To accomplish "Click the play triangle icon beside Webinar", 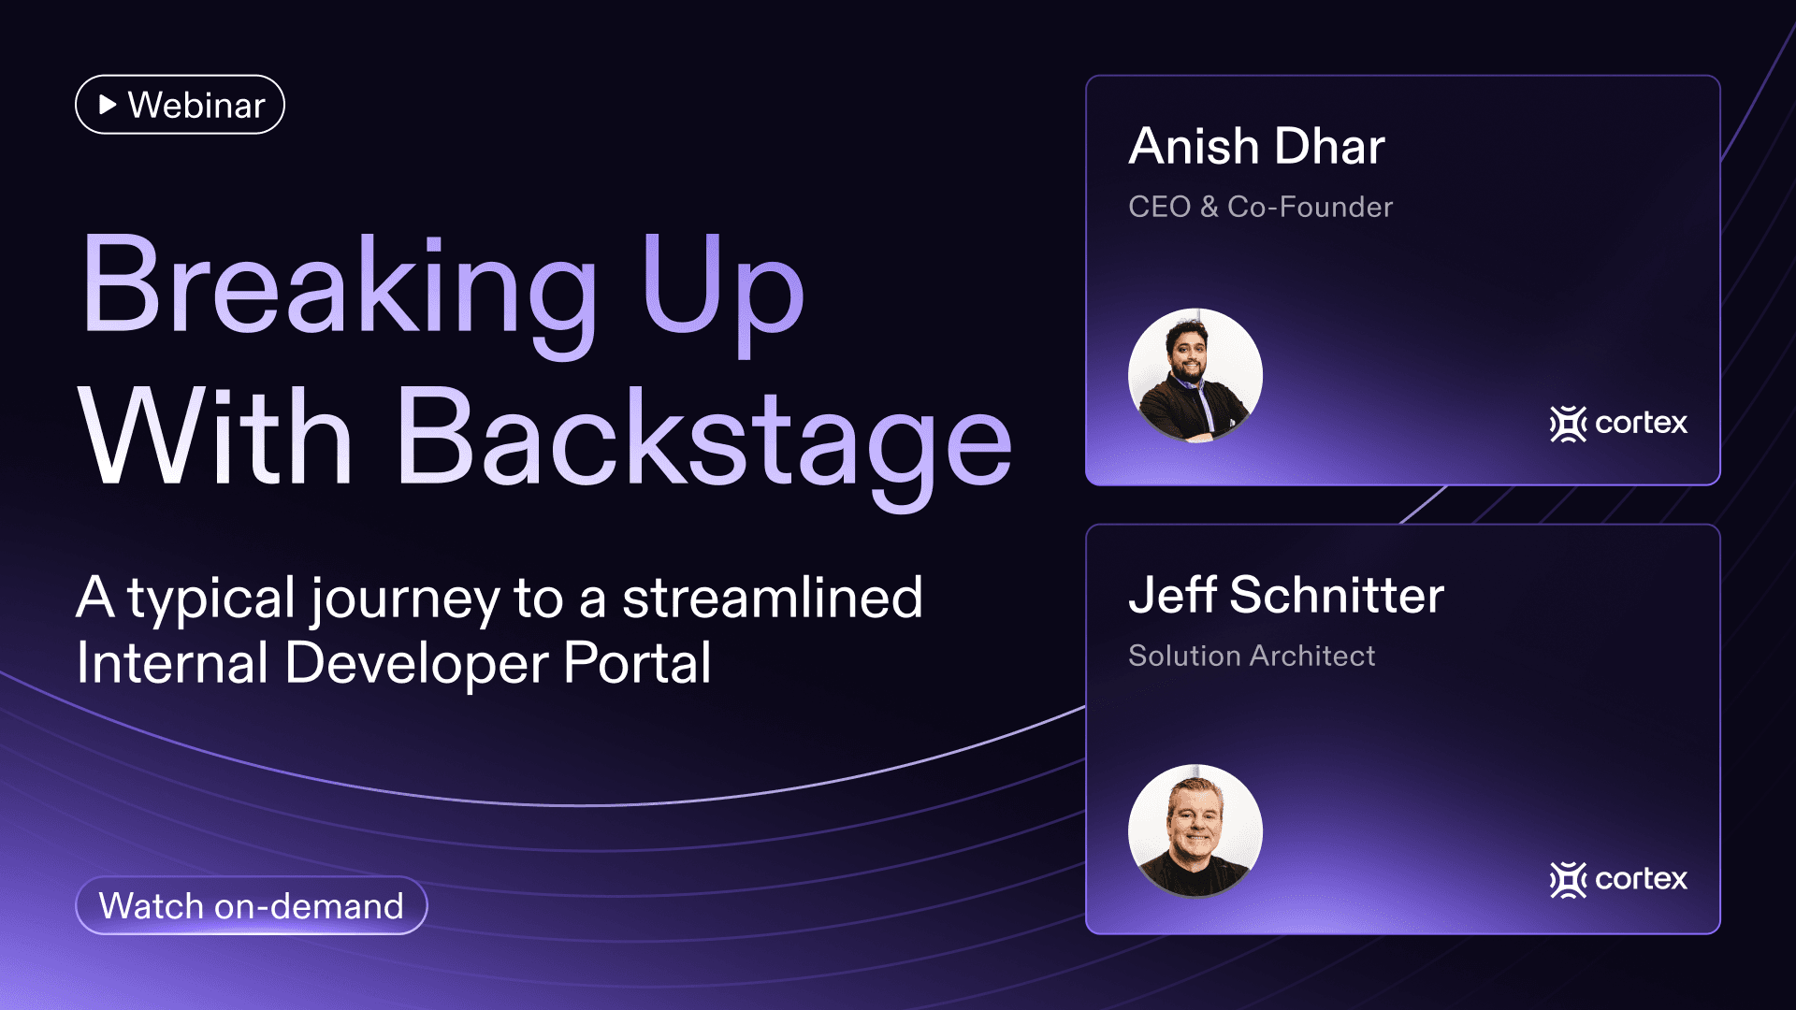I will (108, 105).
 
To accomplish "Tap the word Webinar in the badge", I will (196, 106).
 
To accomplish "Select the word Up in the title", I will (722, 285).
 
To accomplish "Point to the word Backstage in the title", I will (703, 438).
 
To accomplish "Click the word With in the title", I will (215, 438).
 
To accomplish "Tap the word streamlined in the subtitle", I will (772, 599).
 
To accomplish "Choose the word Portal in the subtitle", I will (637, 664).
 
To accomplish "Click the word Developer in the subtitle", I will (416, 664).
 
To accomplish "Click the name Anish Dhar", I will (1256, 147).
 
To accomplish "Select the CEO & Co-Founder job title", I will (1260, 207).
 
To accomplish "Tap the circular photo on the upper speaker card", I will (1195, 375).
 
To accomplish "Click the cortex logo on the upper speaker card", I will (1618, 424).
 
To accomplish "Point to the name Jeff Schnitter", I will (1286, 596).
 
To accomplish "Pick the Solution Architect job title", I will (1252, 656).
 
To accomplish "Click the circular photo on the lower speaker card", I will (1195, 830).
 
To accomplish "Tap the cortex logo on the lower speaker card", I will (1618, 880).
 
